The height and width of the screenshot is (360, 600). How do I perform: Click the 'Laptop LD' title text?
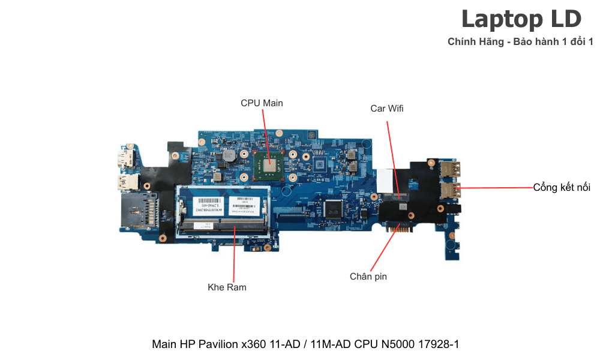[521, 20]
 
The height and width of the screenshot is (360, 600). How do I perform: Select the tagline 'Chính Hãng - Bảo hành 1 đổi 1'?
[520, 42]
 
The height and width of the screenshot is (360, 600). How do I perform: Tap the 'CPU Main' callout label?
[262, 103]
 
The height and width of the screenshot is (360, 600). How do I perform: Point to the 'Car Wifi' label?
[387, 109]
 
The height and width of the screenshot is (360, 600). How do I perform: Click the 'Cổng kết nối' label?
[562, 188]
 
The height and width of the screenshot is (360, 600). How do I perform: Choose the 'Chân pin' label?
[368, 277]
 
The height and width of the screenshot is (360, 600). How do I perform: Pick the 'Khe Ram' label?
[227, 287]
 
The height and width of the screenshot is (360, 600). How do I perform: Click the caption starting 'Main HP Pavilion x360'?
[305, 344]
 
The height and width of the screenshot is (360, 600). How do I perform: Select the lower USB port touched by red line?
[451, 191]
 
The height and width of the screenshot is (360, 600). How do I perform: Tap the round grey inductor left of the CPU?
[227, 157]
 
